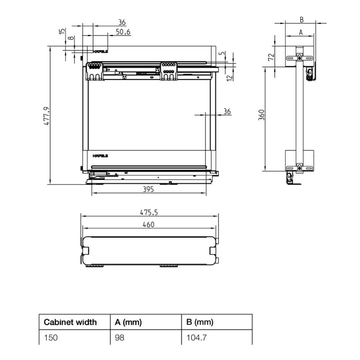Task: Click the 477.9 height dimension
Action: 46,116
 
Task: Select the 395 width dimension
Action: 148,189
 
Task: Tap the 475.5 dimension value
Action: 149,213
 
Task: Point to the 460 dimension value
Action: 149,225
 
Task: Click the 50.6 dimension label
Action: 123,32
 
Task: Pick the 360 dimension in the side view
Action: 262,115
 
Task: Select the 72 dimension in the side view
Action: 271,57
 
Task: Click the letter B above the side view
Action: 302,20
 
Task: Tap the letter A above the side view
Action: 301,32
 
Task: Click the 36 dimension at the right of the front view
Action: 227,112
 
